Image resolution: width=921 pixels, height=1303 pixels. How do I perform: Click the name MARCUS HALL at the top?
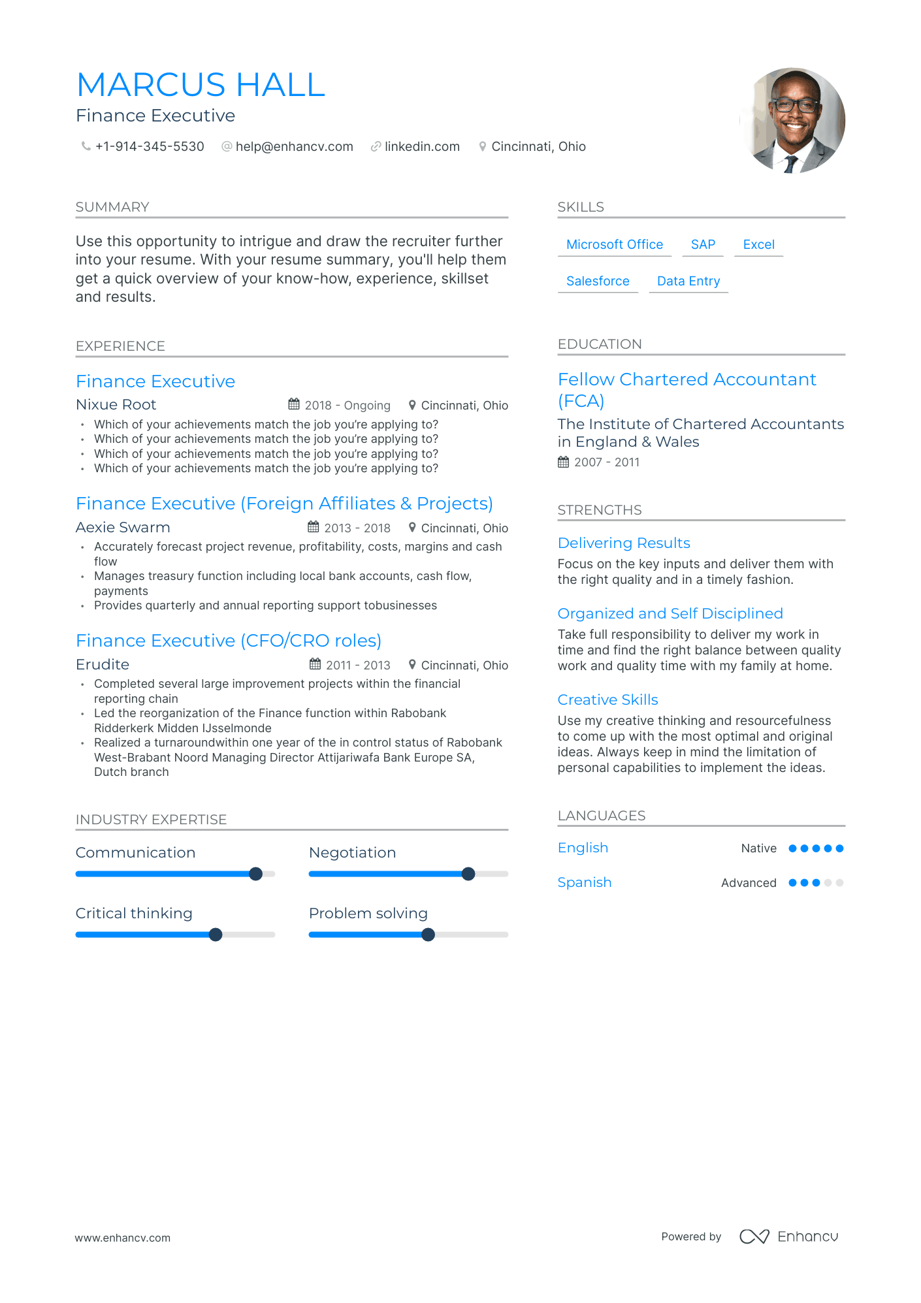[x=201, y=85]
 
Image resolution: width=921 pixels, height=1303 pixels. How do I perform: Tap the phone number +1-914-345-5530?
[x=150, y=147]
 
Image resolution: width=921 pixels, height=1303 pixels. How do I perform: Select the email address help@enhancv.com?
[x=294, y=147]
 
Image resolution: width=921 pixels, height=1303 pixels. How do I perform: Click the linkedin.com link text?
[x=422, y=147]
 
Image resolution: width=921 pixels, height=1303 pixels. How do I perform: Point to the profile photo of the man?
[x=793, y=121]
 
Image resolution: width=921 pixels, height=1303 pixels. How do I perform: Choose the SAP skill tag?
[x=703, y=245]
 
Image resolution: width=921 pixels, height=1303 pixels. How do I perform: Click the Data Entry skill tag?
[x=688, y=282]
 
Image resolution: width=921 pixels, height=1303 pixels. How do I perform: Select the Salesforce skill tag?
[x=598, y=282]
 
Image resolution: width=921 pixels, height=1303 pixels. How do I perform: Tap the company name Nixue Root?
[x=116, y=405]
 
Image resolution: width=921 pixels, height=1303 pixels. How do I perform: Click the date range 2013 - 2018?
[x=357, y=528]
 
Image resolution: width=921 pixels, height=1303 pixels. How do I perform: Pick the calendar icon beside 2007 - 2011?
[x=563, y=462]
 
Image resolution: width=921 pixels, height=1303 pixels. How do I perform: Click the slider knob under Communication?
[x=256, y=874]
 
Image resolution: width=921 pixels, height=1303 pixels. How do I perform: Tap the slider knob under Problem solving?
[x=428, y=935]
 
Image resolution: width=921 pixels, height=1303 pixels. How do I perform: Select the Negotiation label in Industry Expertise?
[x=352, y=853]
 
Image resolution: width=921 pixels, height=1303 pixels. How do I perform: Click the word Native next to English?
[x=758, y=848]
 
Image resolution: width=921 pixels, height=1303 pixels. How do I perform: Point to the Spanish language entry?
[x=585, y=882]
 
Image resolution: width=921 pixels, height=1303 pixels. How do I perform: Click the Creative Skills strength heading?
[x=607, y=700]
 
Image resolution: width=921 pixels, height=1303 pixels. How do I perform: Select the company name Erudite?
[x=103, y=665]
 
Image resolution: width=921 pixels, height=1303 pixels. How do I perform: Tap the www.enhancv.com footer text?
[x=123, y=1238]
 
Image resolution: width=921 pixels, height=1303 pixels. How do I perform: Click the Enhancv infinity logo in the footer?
[x=754, y=1236]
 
